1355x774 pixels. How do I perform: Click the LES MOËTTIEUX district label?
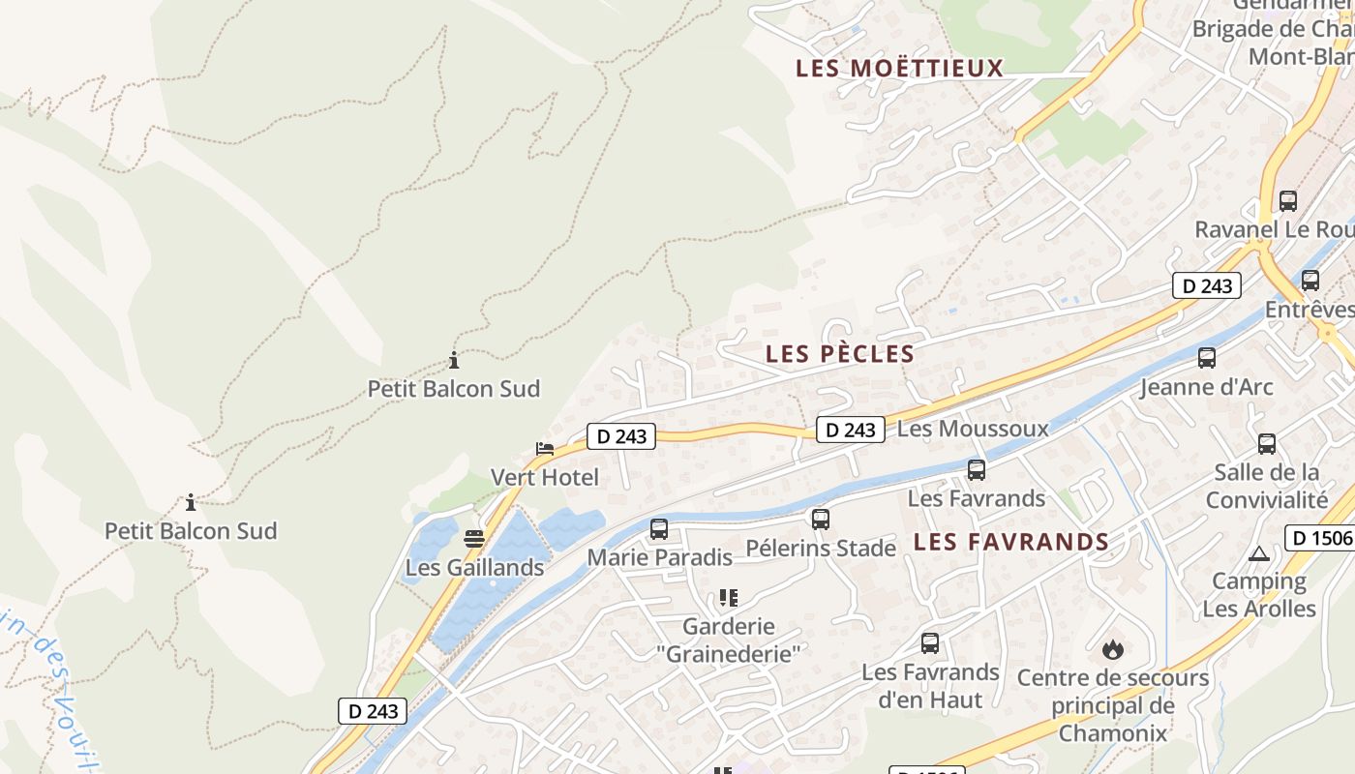(899, 69)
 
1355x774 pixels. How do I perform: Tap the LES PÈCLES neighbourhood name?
(840, 354)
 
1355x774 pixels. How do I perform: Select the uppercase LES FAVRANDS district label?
(1011, 542)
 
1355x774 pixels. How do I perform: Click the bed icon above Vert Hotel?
(545, 449)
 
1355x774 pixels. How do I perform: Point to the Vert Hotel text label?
(545, 477)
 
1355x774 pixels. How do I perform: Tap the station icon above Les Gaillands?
(473, 539)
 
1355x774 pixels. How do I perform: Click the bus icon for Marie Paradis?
(659, 529)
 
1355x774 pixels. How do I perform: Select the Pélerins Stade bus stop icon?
(821, 520)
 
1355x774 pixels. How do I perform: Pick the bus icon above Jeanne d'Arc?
(1207, 358)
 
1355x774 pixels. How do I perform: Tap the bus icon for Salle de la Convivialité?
(1267, 444)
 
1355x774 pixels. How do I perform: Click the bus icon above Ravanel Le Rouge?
(1288, 201)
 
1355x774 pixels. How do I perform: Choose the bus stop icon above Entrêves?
(1310, 281)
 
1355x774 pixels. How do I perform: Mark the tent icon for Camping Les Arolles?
(1258, 554)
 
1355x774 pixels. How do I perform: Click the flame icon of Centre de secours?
(1113, 649)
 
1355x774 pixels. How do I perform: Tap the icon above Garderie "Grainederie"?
(729, 598)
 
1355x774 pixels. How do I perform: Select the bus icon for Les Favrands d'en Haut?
(930, 643)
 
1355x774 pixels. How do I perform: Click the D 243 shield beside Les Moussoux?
(851, 430)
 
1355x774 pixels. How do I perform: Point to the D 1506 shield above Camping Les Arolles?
(1319, 538)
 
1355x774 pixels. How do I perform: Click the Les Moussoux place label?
(973, 429)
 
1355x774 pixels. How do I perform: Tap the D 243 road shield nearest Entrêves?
(1207, 285)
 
